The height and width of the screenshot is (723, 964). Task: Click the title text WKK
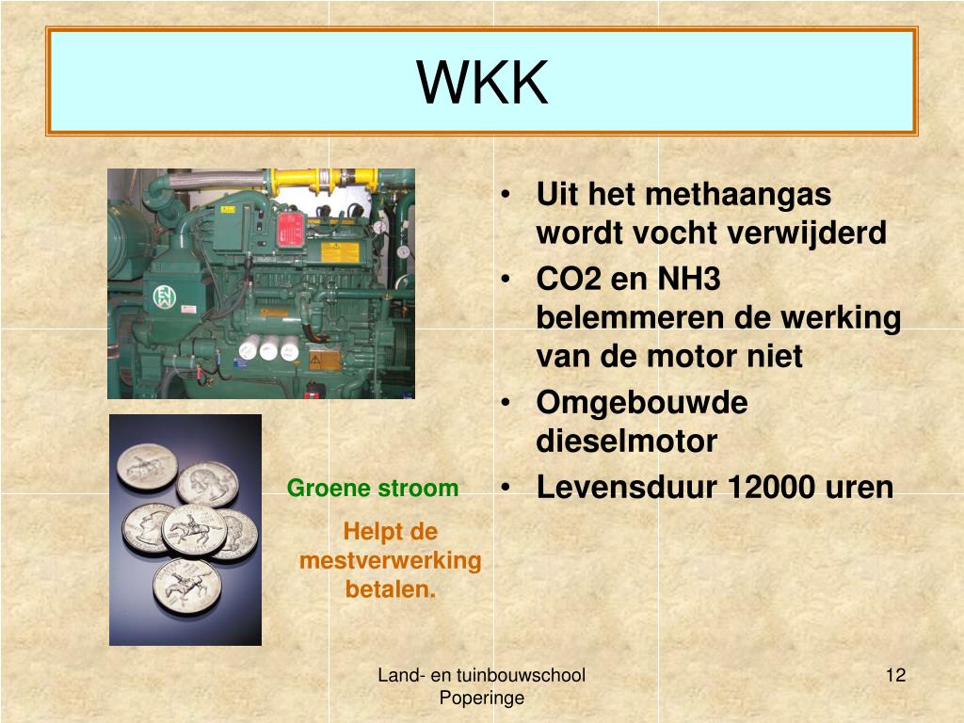pyautogui.click(x=482, y=82)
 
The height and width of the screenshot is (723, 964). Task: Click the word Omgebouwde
pyautogui.click(x=642, y=403)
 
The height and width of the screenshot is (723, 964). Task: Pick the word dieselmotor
pyautogui.click(x=627, y=441)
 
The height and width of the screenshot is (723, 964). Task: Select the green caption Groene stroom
pyautogui.click(x=373, y=489)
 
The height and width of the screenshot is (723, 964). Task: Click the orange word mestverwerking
pyautogui.click(x=391, y=561)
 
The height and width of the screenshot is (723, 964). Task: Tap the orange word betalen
pyautogui.click(x=391, y=590)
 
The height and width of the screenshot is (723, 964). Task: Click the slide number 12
pyautogui.click(x=895, y=675)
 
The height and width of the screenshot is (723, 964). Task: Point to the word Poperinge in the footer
pyautogui.click(x=482, y=698)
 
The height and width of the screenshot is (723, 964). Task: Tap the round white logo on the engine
pyautogui.click(x=166, y=297)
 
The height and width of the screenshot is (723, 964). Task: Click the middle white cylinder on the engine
pyautogui.click(x=269, y=350)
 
